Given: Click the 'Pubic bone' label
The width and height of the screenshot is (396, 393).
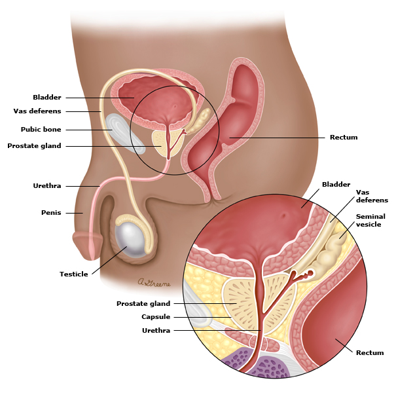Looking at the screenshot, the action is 41,130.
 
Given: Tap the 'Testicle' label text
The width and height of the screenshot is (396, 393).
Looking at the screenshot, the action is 74,274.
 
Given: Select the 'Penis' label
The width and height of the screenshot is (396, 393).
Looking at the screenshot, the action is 51,213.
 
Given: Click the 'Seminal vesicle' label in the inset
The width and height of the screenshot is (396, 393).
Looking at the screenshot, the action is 370,220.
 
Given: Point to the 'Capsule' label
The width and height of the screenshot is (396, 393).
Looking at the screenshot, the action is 156,317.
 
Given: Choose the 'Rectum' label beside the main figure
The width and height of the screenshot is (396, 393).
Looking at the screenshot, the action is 344,138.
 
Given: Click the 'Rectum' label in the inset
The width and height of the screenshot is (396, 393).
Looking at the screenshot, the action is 370,352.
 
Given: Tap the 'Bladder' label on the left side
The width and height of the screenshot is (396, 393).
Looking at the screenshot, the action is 47,98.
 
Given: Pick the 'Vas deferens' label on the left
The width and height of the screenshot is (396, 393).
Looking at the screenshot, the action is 37,111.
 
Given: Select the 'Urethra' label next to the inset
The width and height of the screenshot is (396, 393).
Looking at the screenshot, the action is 156,330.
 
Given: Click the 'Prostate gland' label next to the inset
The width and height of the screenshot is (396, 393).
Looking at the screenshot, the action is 143,303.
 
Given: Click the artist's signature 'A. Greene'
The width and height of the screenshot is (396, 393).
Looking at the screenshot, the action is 154,283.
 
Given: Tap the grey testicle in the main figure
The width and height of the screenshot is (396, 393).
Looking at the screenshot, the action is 130,238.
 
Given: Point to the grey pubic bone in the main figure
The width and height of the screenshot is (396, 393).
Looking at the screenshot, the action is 124,133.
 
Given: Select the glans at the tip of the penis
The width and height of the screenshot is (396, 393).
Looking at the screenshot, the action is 88,246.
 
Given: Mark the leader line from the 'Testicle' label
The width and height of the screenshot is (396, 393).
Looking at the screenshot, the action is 109,260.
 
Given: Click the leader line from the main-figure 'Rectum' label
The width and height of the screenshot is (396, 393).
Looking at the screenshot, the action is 277,138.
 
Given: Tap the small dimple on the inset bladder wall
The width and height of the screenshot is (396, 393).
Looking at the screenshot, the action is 283,215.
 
